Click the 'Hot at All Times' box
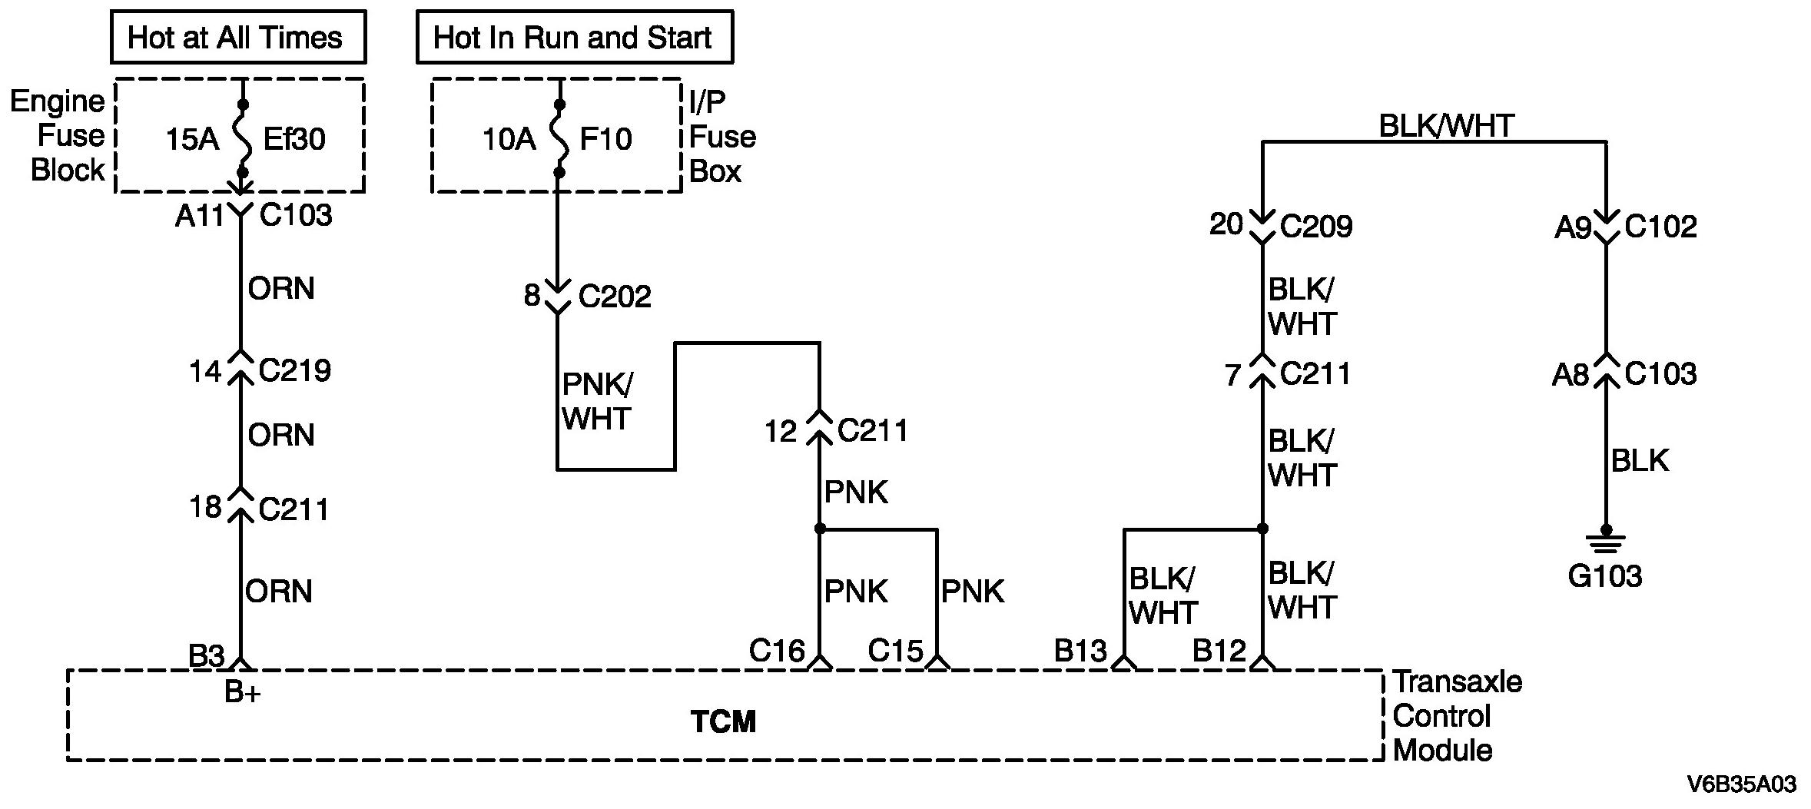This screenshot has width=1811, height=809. click(238, 37)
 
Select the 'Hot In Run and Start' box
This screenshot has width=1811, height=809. click(574, 37)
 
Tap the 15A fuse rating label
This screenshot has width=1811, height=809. click(193, 139)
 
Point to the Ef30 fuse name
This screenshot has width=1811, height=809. click(294, 139)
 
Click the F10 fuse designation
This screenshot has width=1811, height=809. click(605, 139)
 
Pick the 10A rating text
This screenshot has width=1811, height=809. click(509, 139)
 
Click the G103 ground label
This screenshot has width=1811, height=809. click(1604, 576)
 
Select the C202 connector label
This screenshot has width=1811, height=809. click(615, 296)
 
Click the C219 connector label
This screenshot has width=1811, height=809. click(295, 371)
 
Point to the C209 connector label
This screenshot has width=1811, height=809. click(1316, 226)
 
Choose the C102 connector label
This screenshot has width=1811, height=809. click(1660, 226)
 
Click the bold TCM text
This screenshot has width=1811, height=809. click(723, 721)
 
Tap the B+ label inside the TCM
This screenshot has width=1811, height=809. click(243, 693)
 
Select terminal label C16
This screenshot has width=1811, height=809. click(777, 652)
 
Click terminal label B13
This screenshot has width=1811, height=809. click(1080, 652)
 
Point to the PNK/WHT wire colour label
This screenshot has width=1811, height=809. click(597, 402)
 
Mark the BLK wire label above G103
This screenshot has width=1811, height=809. click(1640, 461)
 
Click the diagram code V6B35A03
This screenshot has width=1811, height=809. click(1741, 784)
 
